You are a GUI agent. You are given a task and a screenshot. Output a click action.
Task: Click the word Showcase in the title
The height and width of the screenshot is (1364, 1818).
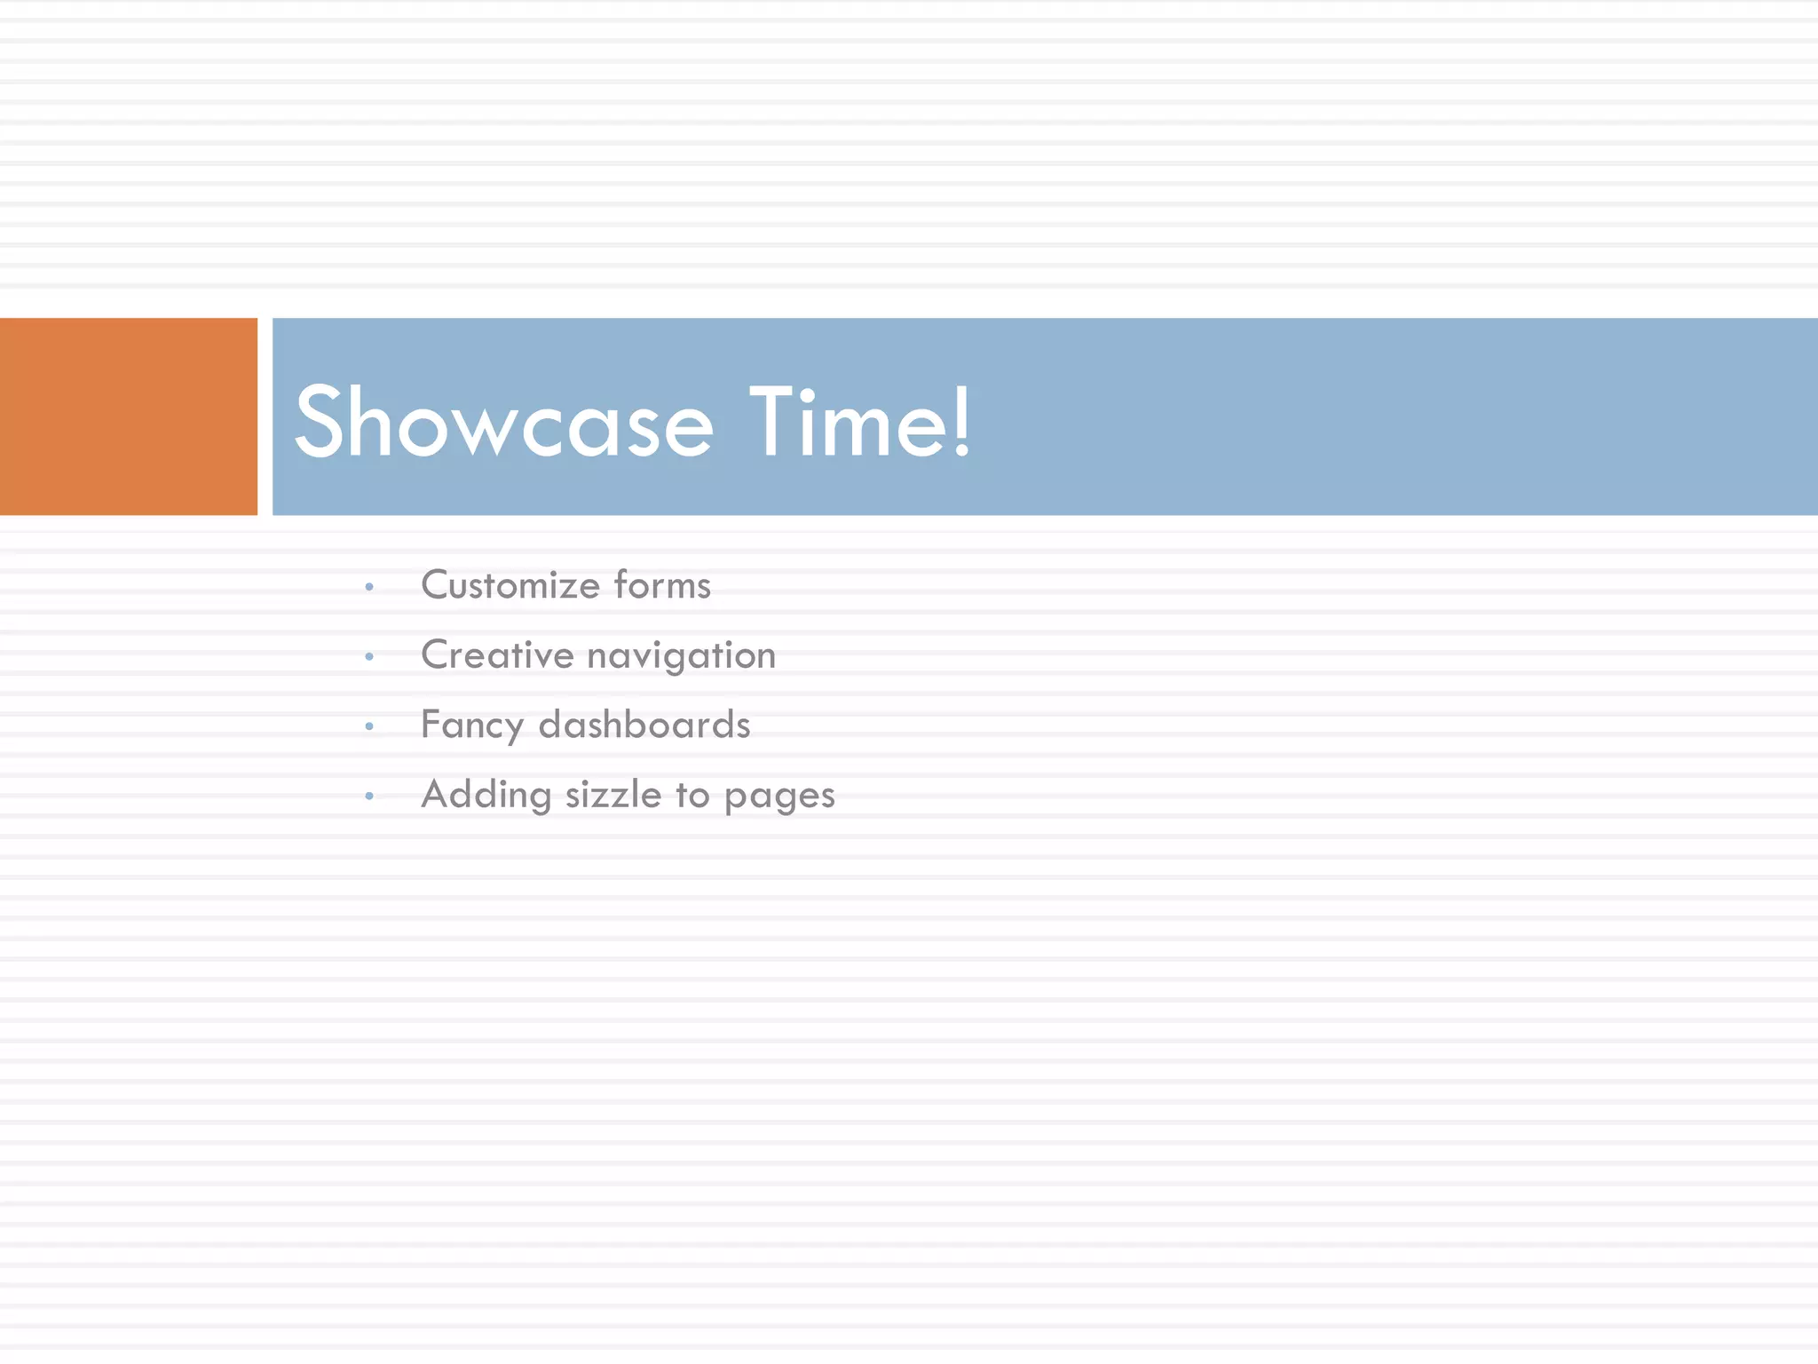click(x=503, y=423)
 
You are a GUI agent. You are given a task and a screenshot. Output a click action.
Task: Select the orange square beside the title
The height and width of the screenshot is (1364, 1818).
click(x=128, y=416)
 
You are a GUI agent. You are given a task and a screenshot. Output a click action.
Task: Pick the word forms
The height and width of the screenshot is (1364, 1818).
click(x=662, y=585)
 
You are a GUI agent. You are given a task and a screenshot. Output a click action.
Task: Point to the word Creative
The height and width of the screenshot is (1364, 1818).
click(x=497, y=655)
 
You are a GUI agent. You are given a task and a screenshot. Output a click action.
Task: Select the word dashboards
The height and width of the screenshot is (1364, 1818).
click(x=644, y=725)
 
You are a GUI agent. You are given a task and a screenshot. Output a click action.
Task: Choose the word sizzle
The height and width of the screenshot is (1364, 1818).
click(x=613, y=795)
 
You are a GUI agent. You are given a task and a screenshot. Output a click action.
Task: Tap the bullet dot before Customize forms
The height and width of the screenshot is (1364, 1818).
click(x=369, y=587)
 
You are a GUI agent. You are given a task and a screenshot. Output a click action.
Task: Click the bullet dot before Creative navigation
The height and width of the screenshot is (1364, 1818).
click(x=369, y=657)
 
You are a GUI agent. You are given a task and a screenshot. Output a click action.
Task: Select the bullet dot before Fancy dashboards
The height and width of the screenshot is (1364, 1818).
click(x=369, y=726)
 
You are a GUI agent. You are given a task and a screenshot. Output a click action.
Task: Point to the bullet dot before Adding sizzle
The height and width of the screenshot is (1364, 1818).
click(x=369, y=797)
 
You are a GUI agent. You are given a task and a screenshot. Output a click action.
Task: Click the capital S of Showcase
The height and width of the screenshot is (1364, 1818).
click(x=319, y=423)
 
